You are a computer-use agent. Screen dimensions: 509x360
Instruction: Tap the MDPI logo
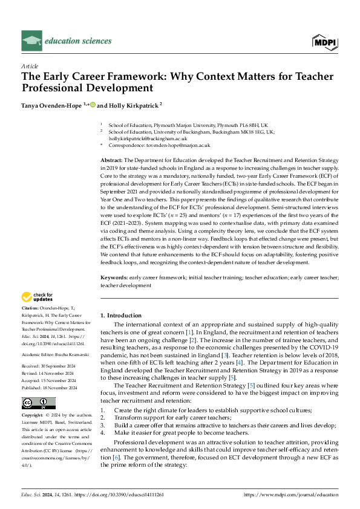point(325,41)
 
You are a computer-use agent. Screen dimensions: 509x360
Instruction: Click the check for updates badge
point(38,297)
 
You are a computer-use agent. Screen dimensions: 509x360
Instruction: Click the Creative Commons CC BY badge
point(38,386)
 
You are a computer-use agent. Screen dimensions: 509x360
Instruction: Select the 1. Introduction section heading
point(121,316)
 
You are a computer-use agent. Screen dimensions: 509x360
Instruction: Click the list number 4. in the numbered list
point(103,417)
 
